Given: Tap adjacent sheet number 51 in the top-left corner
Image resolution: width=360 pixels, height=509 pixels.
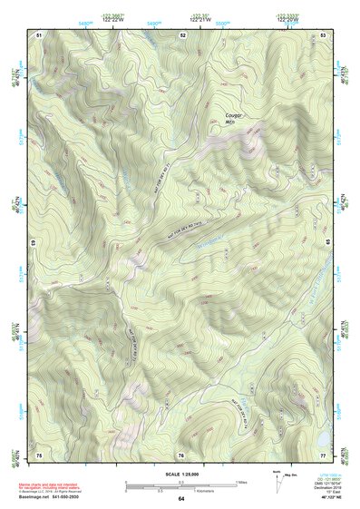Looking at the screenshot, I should point(39,34).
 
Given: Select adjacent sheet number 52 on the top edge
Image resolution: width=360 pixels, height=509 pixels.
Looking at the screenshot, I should point(182,34).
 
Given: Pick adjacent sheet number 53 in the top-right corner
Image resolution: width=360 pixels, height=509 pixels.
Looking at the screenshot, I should point(324,34).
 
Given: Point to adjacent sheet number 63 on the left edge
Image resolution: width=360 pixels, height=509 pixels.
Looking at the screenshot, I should point(34,243).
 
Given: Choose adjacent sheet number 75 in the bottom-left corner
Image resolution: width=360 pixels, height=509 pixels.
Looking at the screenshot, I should point(39,453).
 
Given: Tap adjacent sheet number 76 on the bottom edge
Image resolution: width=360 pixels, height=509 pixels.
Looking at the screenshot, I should point(181,453).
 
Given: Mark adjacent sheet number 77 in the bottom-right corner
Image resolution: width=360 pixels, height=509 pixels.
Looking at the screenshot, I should point(324,453).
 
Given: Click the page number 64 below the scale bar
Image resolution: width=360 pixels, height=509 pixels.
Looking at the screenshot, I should point(181,499).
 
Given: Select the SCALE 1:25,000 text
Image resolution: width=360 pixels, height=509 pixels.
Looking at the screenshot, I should point(181,474).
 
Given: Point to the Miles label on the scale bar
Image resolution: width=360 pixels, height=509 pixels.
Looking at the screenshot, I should point(241,481).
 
